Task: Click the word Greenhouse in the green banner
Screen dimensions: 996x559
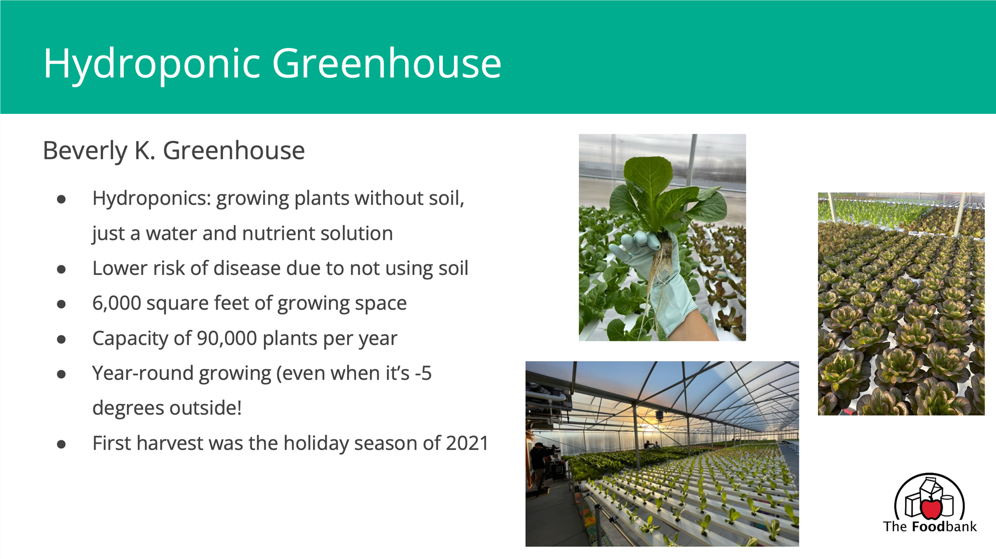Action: [387, 63]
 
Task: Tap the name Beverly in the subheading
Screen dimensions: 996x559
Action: [85, 151]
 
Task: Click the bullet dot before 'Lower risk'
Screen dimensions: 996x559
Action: [61, 269]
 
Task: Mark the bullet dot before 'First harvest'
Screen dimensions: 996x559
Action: [61, 444]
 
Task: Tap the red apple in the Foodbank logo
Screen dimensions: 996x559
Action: [931, 508]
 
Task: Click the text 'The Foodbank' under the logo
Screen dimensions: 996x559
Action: [930, 527]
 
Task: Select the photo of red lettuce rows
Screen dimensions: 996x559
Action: [901, 304]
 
